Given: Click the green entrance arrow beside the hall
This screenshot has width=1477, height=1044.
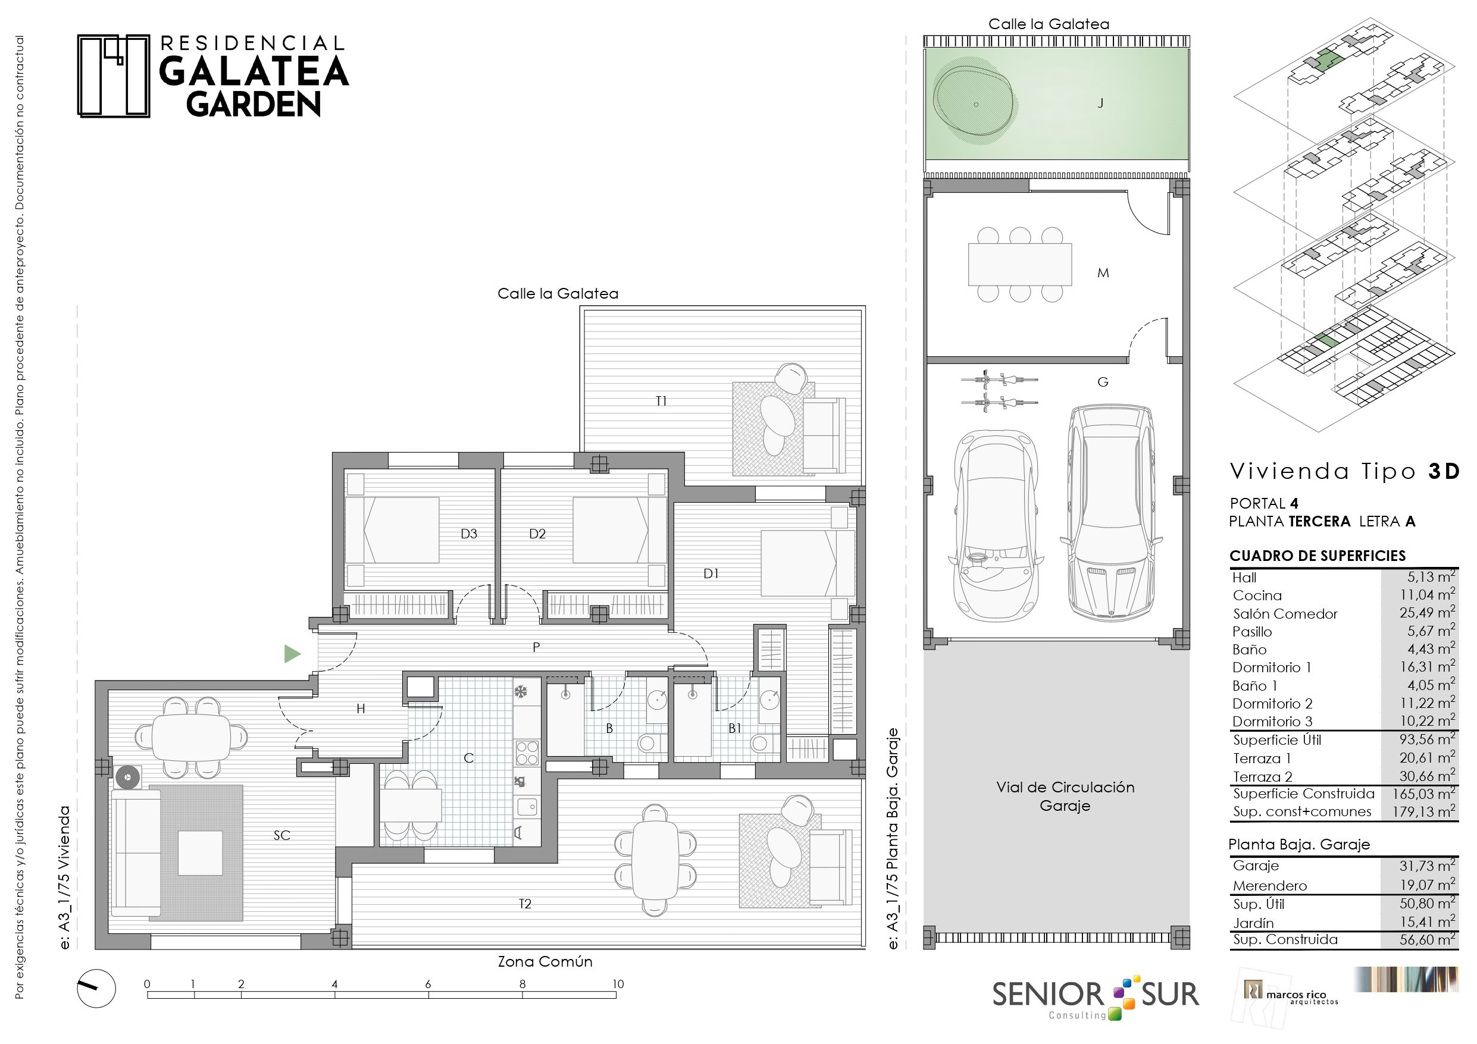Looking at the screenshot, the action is click(292, 654).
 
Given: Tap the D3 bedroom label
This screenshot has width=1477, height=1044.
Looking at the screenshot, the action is click(468, 533).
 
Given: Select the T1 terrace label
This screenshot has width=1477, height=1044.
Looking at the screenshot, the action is click(661, 402).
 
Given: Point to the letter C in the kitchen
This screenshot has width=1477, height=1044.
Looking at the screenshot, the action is click(468, 758).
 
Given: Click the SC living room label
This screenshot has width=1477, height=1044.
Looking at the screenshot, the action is click(281, 835).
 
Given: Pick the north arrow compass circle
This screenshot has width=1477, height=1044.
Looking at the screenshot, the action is click(96, 989).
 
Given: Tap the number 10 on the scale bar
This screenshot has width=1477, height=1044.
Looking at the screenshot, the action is click(618, 983).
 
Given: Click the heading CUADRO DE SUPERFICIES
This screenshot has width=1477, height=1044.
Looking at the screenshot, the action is click(1318, 556).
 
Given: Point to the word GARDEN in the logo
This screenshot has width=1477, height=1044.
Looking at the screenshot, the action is click(254, 104).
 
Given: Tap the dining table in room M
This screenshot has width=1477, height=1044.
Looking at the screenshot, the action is click(1019, 264).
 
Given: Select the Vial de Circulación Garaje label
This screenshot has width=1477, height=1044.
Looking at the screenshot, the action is click(1065, 797).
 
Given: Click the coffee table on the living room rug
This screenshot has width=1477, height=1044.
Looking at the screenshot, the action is click(200, 853).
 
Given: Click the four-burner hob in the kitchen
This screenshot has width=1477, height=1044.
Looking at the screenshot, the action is click(526, 753).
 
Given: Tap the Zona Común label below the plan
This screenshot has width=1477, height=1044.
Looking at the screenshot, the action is click(545, 962).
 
